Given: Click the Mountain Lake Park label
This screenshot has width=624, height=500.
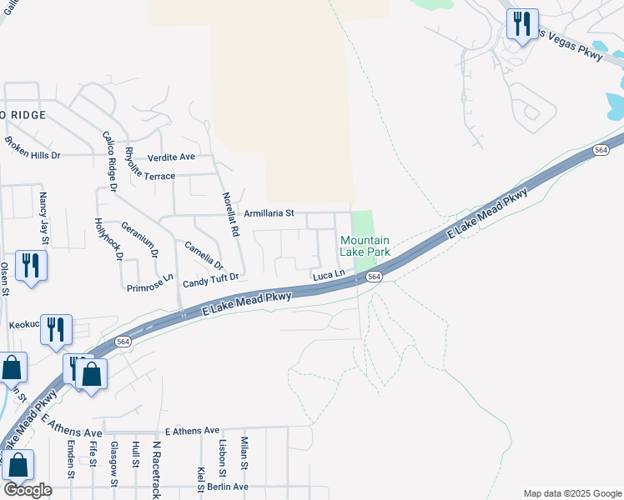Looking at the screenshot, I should [x=365, y=246].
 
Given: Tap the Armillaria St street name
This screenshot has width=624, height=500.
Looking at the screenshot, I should [x=269, y=213].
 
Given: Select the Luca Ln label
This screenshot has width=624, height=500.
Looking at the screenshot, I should [x=329, y=274].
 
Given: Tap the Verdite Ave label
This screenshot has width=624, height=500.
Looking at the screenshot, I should [x=171, y=157].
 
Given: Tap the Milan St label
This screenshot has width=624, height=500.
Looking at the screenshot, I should [x=244, y=453].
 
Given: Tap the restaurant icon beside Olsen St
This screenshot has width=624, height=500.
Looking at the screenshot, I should [x=31, y=266].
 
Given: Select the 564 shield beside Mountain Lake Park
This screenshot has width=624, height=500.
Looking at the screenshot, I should [x=374, y=277].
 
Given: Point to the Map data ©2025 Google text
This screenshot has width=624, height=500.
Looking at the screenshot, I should [x=571, y=493].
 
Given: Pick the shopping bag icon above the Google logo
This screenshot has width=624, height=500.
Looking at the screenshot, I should [x=18, y=465].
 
